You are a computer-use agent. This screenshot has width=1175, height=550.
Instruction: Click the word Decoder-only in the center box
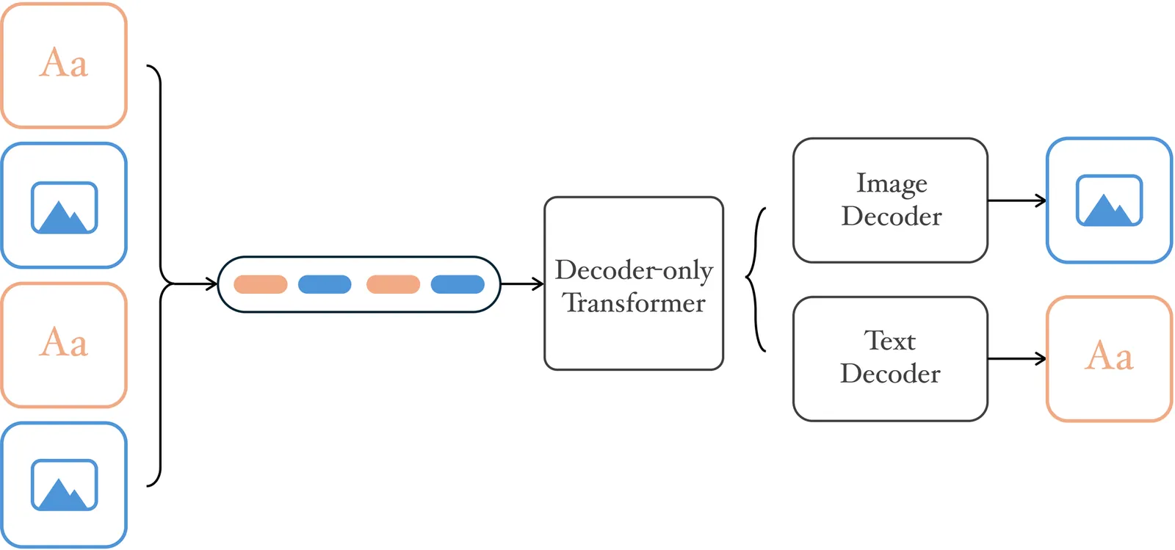coord(633,270)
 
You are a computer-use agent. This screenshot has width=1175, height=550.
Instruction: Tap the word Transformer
coord(634,303)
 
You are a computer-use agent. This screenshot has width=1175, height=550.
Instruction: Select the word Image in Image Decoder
coord(892,183)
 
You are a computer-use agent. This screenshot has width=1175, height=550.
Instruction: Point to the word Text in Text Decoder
coord(890,341)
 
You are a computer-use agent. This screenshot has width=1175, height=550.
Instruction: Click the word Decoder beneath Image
coord(892,216)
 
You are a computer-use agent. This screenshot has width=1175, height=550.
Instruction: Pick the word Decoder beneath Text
coord(890,374)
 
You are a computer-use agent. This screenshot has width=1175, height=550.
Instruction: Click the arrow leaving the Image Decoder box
coord(1016,200)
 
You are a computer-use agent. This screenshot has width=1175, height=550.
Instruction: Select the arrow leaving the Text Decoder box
coord(1016,359)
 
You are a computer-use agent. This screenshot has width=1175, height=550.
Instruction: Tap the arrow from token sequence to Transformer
coord(522,284)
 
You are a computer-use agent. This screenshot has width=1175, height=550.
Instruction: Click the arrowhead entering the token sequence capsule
coord(212,284)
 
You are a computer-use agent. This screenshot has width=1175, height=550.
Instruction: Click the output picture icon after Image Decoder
coord(1109,200)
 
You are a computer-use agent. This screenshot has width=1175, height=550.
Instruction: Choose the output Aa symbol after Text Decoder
coord(1109,357)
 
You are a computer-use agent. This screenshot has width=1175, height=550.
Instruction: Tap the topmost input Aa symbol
coord(64,63)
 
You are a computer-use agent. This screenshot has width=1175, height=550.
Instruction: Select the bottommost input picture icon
coord(64,485)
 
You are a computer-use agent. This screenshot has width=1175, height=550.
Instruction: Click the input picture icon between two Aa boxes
coord(64,208)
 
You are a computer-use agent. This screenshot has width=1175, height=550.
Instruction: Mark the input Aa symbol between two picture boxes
coord(64,343)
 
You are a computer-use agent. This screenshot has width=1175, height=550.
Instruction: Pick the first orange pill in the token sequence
coord(260,284)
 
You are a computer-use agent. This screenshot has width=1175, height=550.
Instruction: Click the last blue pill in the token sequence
coord(458,284)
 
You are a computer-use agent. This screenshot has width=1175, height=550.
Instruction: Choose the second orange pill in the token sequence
coord(393,284)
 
